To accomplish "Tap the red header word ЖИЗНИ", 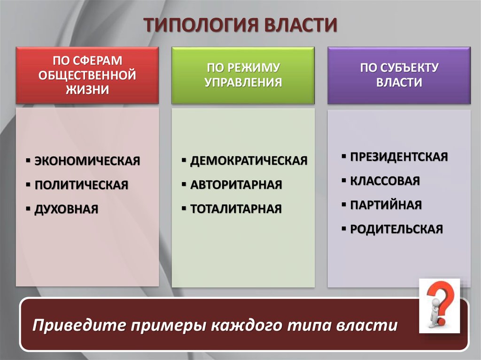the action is coord(87,90).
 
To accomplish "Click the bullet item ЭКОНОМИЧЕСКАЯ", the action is coord(87,161).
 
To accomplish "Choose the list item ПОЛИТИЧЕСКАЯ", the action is coord(81,185).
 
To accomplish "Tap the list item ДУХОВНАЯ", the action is coord(66,209).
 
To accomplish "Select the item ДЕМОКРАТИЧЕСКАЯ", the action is coord(249,161).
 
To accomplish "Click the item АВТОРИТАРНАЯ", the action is coord(236,184).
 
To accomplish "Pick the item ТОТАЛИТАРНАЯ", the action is coord(236,209).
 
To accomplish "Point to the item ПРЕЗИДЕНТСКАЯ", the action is coord(399,157).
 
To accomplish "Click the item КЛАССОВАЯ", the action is coord(385,181).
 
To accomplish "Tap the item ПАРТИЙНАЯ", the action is coord(386,205).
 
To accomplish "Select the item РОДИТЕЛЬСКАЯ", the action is coord(396,229).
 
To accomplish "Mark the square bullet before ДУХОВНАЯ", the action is coord(28,209).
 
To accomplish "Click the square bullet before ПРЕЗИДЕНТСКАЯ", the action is coord(344,156).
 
